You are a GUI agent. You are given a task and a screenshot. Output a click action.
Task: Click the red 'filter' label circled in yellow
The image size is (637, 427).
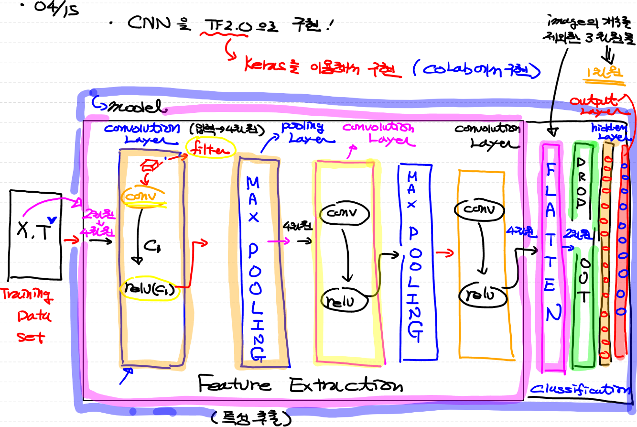[210, 150]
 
